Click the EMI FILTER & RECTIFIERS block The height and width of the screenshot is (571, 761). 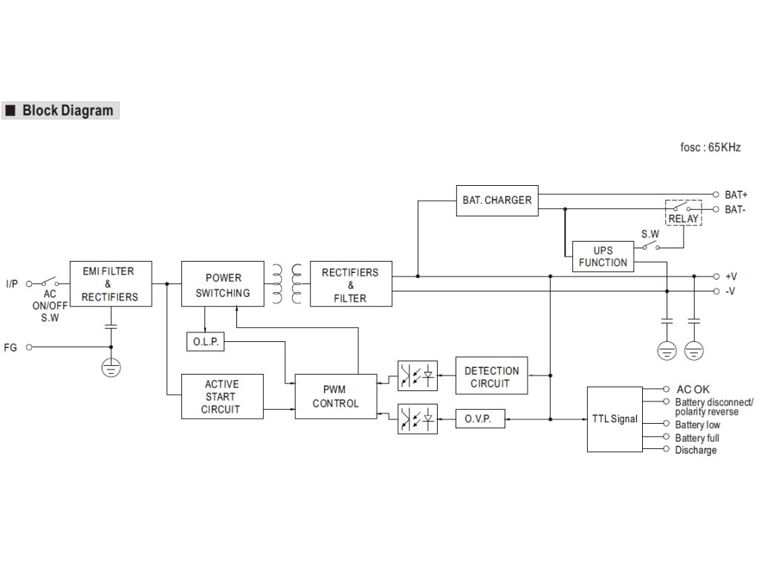coord(110,284)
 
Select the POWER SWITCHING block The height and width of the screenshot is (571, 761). coord(222,283)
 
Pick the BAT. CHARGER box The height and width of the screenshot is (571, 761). coord(496,200)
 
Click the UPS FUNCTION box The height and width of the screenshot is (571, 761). coord(603,256)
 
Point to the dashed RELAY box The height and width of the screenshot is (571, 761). coord(683,213)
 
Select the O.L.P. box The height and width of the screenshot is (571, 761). coord(204,342)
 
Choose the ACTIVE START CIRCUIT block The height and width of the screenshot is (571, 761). coord(221,396)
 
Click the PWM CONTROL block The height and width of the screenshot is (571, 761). coord(335,396)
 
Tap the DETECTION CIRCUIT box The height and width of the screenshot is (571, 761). coord(491,376)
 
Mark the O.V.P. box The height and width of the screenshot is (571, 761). coord(480,419)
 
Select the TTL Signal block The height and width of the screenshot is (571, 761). coord(615,419)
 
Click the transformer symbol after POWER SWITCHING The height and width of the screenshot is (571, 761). coord(286,284)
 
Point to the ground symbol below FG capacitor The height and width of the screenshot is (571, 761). coord(111,367)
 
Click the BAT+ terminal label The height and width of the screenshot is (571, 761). coord(736,193)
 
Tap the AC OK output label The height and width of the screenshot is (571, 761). coord(693,389)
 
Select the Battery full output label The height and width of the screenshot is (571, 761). coord(697,438)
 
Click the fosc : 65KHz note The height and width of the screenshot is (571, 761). coord(710,147)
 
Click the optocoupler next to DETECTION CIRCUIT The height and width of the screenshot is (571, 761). coord(417,376)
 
